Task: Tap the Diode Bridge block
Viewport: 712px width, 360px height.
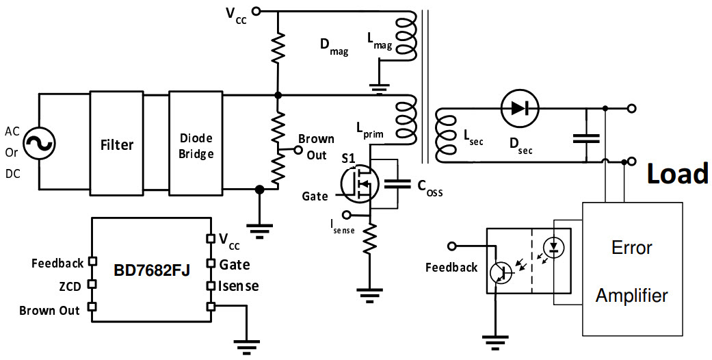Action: pos(196,144)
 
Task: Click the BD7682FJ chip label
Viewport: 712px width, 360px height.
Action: pos(151,270)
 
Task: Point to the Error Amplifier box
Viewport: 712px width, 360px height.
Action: pos(631,270)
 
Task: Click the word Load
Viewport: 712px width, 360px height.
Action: pos(678,175)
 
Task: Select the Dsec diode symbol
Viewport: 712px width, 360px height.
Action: pos(520,107)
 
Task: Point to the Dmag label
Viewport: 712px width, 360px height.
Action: pos(334,48)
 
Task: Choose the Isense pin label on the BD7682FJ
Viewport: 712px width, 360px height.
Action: pos(239,286)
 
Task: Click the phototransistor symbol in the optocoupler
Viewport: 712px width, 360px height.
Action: pos(501,272)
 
